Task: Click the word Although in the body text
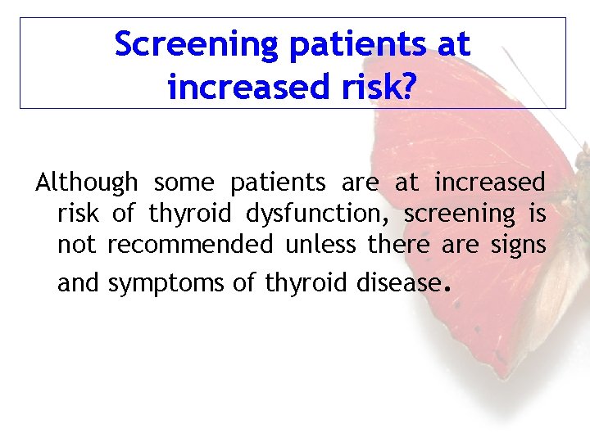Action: (86, 183)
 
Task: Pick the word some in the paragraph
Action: (184, 183)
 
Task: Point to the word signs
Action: (518, 245)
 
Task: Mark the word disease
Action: (398, 282)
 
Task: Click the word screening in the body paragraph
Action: (459, 214)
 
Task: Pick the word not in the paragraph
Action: (77, 245)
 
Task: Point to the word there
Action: (399, 245)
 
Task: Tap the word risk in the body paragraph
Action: (78, 214)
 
